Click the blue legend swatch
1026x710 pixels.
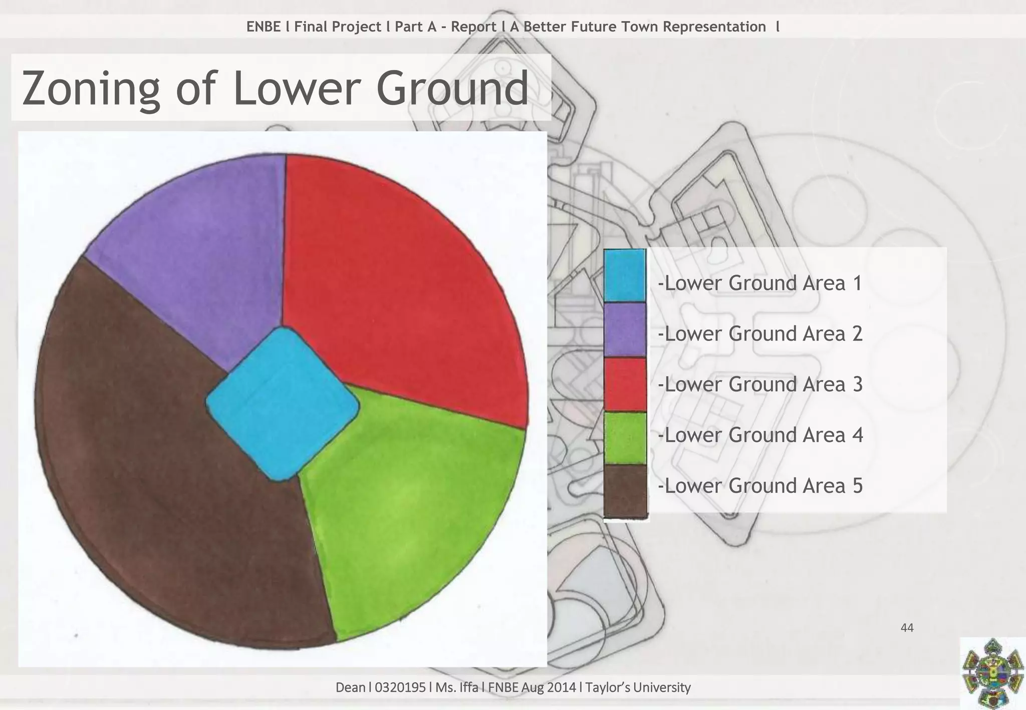[624, 275]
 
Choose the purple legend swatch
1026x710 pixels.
[624, 330]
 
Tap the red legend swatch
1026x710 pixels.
[624, 385]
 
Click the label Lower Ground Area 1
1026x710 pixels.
[760, 283]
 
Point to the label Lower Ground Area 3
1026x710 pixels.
[760, 385]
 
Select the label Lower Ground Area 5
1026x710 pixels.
[760, 486]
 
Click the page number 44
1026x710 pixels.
[907, 628]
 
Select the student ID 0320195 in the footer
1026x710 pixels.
[400, 687]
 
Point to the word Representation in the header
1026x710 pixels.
[714, 27]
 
